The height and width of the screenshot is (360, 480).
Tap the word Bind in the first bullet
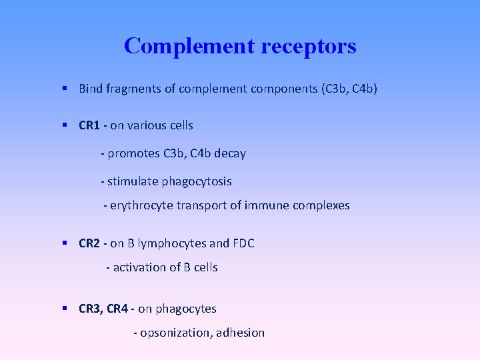coord(89,89)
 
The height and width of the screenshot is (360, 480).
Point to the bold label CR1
coord(89,125)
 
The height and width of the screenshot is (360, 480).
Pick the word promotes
coord(133,154)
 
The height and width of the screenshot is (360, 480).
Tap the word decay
coord(231,154)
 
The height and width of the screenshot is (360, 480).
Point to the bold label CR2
coord(89,243)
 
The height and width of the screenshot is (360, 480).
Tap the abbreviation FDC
coord(243,243)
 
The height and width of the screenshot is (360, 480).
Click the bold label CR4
coord(118,309)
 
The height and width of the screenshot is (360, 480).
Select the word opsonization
coord(175,333)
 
